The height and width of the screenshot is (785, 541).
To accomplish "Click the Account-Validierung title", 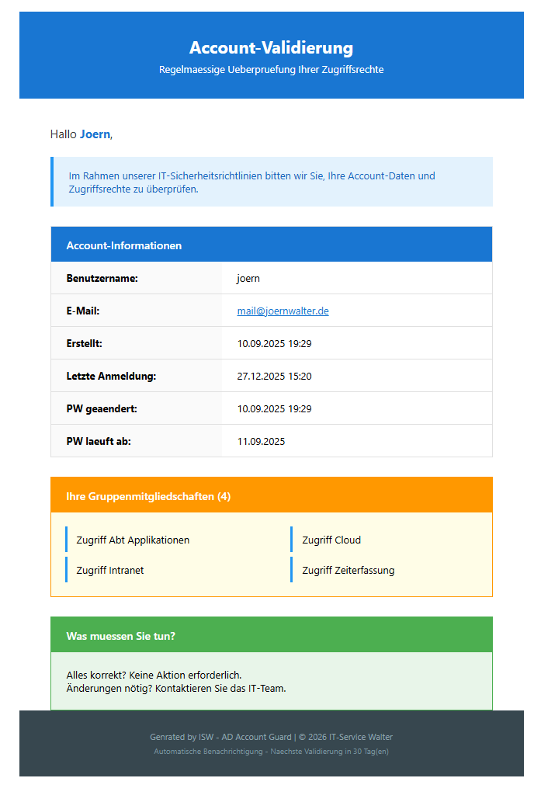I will pyautogui.click(x=271, y=48).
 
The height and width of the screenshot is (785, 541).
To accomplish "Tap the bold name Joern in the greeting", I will pyautogui.click(x=95, y=134).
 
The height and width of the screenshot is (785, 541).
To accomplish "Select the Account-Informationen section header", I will pyautogui.click(x=124, y=245).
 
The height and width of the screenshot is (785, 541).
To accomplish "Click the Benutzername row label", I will pyautogui.click(x=102, y=278).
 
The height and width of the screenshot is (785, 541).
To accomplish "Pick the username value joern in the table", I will pyautogui.click(x=248, y=278).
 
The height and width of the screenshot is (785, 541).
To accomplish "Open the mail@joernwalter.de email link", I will pyautogui.click(x=283, y=311).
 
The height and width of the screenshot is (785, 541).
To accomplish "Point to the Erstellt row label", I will pyautogui.click(x=84, y=343).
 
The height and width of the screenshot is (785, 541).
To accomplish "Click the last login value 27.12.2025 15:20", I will pyautogui.click(x=274, y=376).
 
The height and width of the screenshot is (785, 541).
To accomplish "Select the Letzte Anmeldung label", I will pyautogui.click(x=111, y=376).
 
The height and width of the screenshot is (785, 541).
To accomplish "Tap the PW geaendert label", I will pyautogui.click(x=102, y=408).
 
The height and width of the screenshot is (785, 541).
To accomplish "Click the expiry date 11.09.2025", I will pyautogui.click(x=261, y=441).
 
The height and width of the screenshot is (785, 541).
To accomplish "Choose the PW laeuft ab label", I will pyautogui.click(x=99, y=441).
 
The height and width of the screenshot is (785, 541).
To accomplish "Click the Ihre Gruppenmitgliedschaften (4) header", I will pyautogui.click(x=148, y=496).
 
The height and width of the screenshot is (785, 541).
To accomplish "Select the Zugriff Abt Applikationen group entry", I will pyautogui.click(x=133, y=540).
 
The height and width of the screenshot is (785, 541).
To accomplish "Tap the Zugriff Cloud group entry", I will pyautogui.click(x=331, y=540).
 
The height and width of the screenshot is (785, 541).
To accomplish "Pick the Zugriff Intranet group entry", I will pyautogui.click(x=110, y=570).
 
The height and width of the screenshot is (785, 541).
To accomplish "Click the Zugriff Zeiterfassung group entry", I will pyautogui.click(x=349, y=570).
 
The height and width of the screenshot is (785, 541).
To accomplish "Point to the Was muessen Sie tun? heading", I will pyautogui.click(x=121, y=636).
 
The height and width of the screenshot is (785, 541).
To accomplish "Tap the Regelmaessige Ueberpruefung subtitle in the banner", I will pyautogui.click(x=271, y=70).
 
